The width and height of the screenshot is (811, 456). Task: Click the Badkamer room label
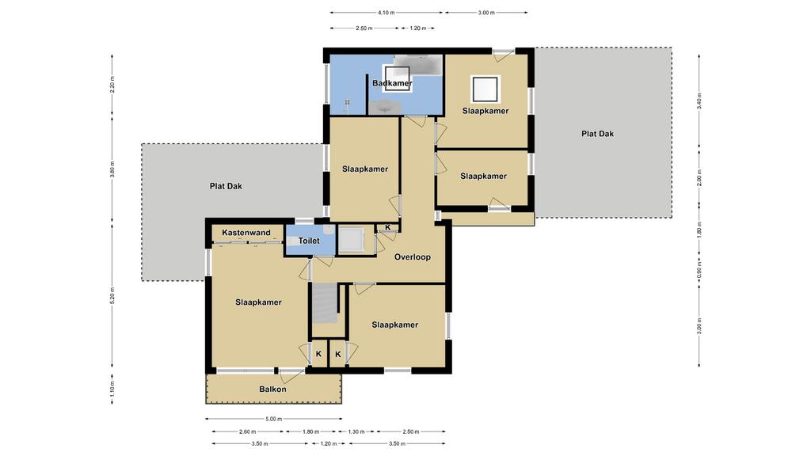click(x=392, y=82)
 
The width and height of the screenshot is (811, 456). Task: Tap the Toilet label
click(x=309, y=241)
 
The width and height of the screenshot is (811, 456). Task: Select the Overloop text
click(x=412, y=257)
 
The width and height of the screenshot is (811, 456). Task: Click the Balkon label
click(x=272, y=389)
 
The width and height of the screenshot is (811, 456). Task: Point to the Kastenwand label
click(x=246, y=233)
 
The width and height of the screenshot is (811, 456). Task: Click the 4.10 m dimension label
click(x=386, y=13)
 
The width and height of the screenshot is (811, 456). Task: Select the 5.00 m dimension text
click(x=273, y=419)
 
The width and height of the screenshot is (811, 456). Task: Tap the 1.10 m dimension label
click(x=112, y=389)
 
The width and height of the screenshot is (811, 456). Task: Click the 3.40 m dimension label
click(x=699, y=101)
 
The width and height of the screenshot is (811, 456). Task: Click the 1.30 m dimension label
click(x=356, y=431)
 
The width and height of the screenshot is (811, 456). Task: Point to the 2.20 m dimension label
click(x=112, y=84)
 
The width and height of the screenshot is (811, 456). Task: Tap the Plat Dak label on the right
click(x=597, y=133)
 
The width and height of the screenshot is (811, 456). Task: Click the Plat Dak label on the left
click(x=226, y=186)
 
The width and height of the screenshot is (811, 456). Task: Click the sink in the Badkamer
click(x=386, y=107)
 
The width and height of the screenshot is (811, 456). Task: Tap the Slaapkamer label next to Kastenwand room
click(x=258, y=302)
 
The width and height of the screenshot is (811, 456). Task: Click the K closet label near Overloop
click(x=388, y=227)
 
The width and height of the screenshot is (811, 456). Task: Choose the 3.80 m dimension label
click(x=112, y=169)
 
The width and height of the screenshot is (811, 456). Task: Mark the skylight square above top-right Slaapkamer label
click(x=485, y=89)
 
